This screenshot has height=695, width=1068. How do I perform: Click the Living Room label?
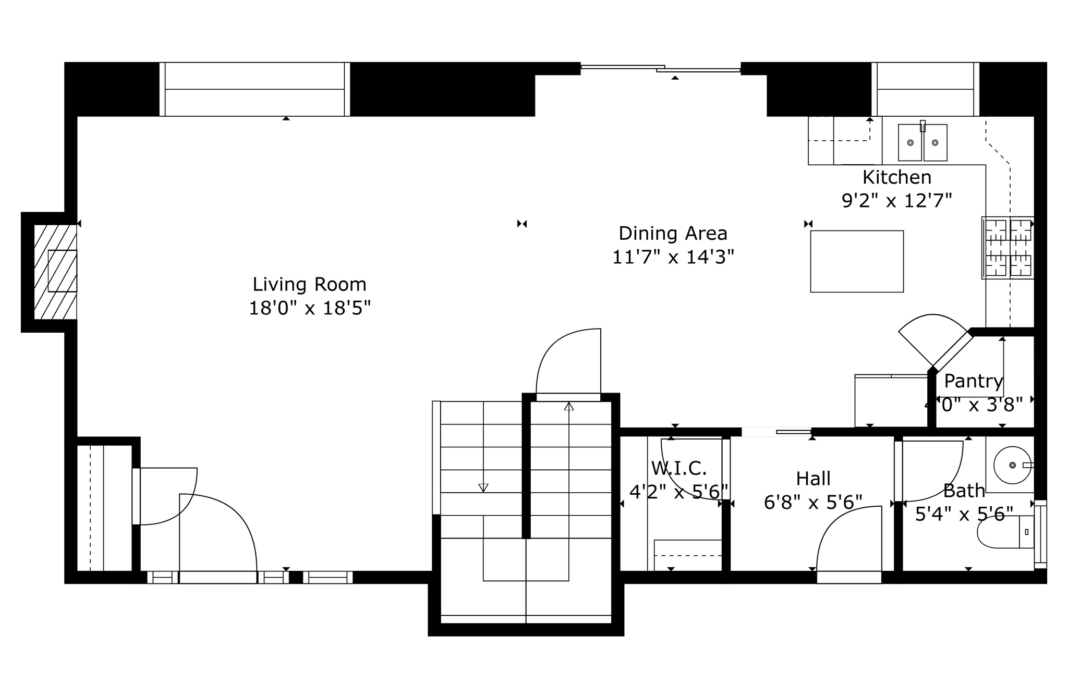309,285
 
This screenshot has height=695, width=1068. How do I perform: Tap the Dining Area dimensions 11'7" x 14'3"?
673,257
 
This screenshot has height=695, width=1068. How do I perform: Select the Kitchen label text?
896,178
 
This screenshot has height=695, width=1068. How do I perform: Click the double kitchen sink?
922,142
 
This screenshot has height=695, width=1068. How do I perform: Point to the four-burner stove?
1008,248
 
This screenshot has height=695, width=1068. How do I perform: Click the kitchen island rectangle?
856,261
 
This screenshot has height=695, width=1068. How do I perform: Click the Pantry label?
973,381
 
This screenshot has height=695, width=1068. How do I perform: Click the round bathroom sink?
1012,465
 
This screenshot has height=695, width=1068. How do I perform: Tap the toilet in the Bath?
1004,532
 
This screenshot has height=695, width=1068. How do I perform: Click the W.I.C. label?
678,469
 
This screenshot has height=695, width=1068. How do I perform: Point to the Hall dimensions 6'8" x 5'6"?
812,502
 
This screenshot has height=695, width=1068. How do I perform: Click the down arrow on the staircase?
483,488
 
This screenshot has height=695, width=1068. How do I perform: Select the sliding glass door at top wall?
661,68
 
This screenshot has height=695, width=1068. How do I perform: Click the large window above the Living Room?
254,89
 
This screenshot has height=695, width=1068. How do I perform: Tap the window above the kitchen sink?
925,89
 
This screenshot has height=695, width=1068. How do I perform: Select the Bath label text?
964,491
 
